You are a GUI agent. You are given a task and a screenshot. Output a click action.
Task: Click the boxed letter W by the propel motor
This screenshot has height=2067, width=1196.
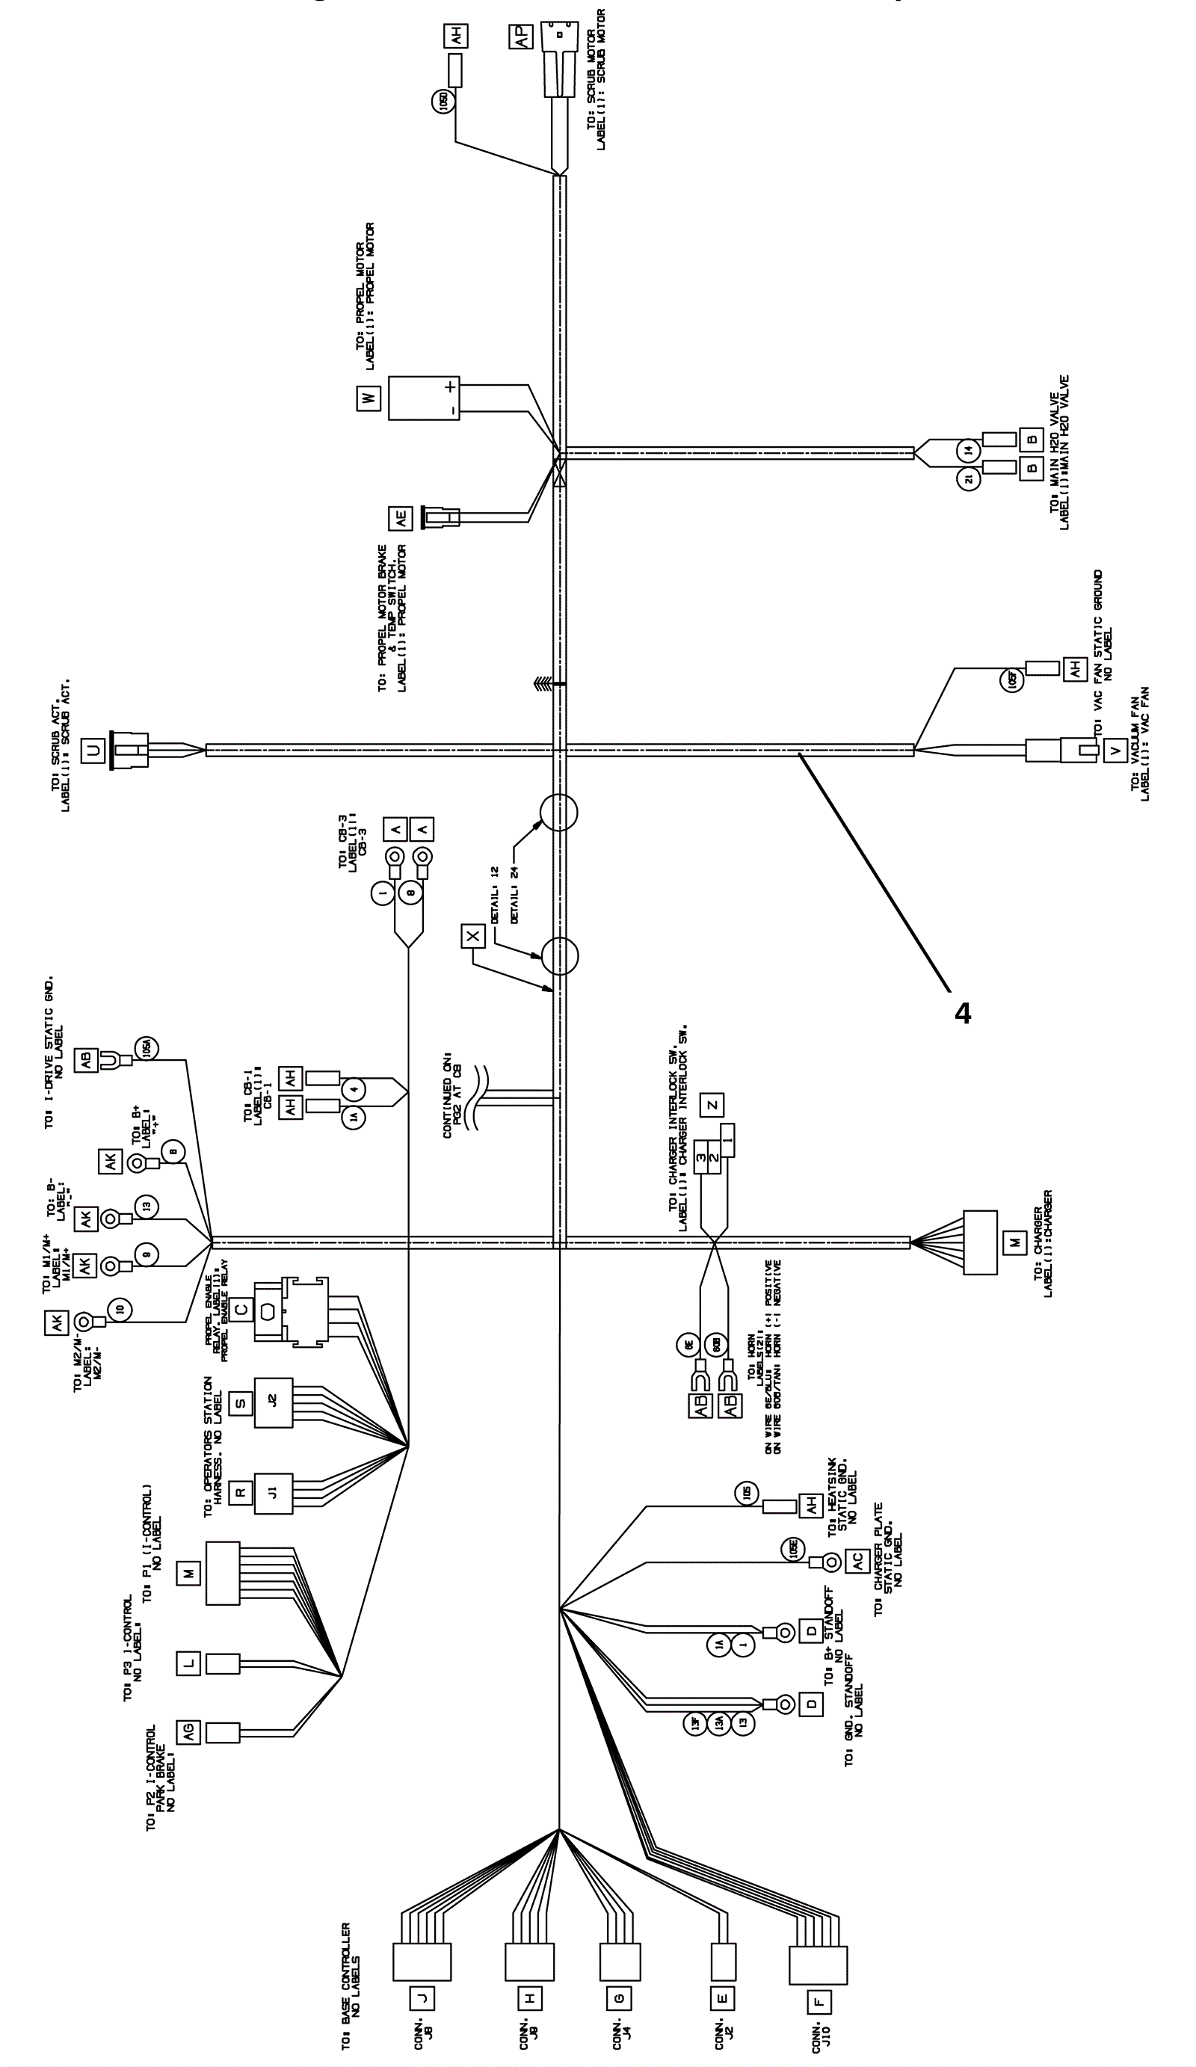[369, 398]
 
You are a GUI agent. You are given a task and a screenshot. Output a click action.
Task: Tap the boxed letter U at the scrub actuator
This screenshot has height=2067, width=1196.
[93, 749]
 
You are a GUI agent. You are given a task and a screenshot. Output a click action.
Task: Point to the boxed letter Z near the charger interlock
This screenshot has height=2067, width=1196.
[712, 1105]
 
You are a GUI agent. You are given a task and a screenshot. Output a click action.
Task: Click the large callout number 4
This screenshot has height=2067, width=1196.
[963, 1014]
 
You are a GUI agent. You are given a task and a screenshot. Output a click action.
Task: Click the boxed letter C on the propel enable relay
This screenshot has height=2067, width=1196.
[241, 1308]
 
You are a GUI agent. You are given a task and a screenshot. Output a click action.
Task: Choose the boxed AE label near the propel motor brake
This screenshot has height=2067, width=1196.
[399, 518]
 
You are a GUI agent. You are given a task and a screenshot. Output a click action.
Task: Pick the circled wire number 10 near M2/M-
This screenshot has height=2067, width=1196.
[119, 1309]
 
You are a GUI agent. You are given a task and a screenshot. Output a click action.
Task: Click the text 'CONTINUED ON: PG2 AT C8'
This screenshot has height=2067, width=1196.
[453, 1095]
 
